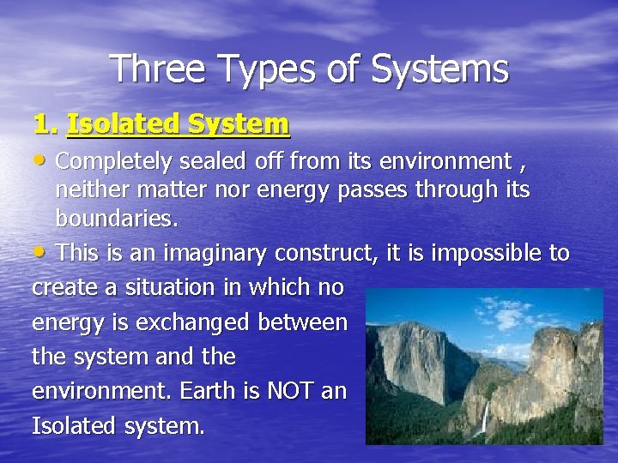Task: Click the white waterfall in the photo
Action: (485, 417)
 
